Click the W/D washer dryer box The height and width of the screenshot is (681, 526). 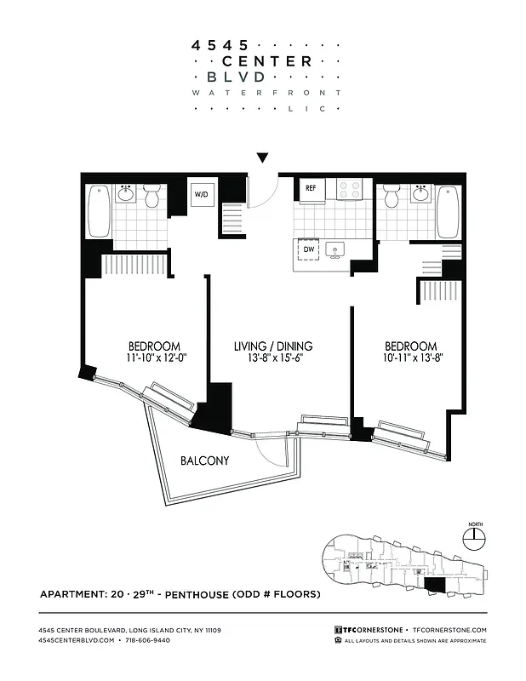(x=201, y=194)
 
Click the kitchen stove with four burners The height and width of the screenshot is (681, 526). (x=350, y=189)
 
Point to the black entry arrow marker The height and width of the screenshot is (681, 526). (x=263, y=157)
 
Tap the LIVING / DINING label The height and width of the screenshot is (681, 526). (x=273, y=346)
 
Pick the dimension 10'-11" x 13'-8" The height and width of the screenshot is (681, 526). (x=410, y=358)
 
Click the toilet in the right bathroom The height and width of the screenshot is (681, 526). (x=392, y=197)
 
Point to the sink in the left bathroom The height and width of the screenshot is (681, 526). (x=126, y=193)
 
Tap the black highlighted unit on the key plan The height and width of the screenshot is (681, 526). (x=435, y=585)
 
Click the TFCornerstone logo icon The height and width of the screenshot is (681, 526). (x=339, y=629)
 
